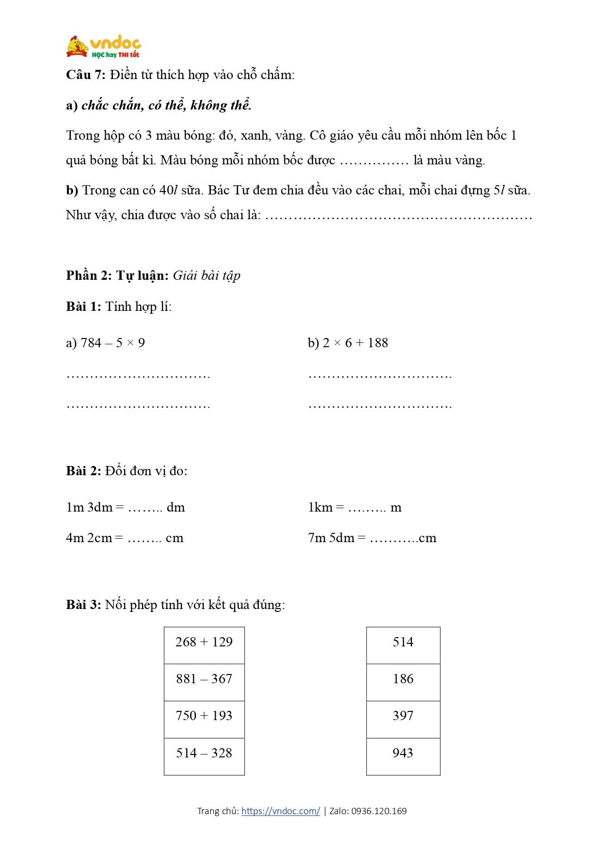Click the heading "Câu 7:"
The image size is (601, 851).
(85, 75)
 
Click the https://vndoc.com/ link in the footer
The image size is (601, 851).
(281, 811)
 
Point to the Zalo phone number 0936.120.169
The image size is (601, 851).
(379, 811)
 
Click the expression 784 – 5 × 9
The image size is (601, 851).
(113, 343)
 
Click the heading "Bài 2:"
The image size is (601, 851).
(83, 470)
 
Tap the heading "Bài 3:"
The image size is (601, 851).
(83, 604)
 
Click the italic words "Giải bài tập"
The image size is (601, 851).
(206, 275)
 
